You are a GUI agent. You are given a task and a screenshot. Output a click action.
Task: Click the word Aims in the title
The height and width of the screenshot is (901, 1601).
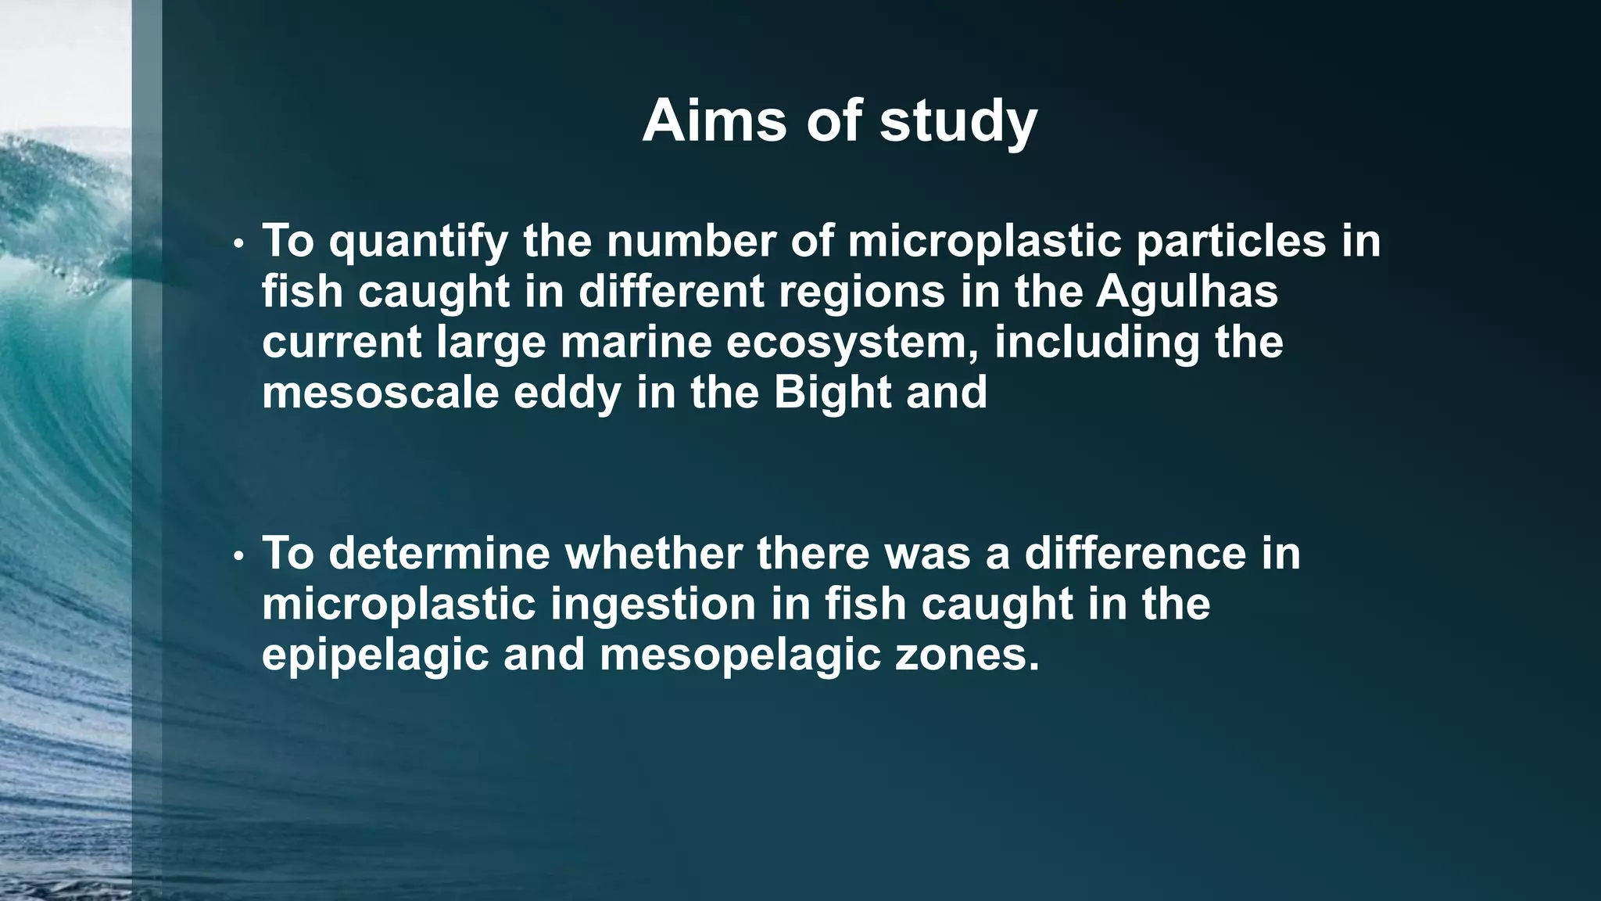pos(714,121)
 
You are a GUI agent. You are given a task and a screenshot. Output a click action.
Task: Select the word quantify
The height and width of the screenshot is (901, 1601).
pos(418,242)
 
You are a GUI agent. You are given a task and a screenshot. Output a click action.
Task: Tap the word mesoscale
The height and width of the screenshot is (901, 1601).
pos(380,392)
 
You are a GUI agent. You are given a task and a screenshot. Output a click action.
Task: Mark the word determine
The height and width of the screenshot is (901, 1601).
pos(439,553)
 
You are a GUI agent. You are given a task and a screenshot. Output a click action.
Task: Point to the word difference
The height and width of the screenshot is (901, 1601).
pos(1135,553)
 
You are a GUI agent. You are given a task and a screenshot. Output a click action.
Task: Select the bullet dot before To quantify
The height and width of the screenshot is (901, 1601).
pos(239,245)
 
